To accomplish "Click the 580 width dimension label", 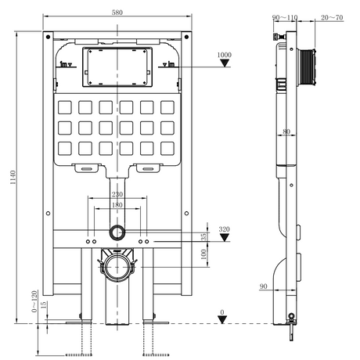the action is click(117, 12).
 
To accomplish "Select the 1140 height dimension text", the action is click(13, 177).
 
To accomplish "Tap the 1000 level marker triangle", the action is click(225, 63).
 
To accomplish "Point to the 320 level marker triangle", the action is click(224, 237).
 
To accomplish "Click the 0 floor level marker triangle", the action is click(222, 320).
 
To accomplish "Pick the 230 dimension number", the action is click(117, 194).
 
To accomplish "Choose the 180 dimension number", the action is click(117, 205).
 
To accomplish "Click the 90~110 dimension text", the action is click(285, 17).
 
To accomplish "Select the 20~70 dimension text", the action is click(332, 17).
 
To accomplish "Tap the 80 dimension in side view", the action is click(286, 131).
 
